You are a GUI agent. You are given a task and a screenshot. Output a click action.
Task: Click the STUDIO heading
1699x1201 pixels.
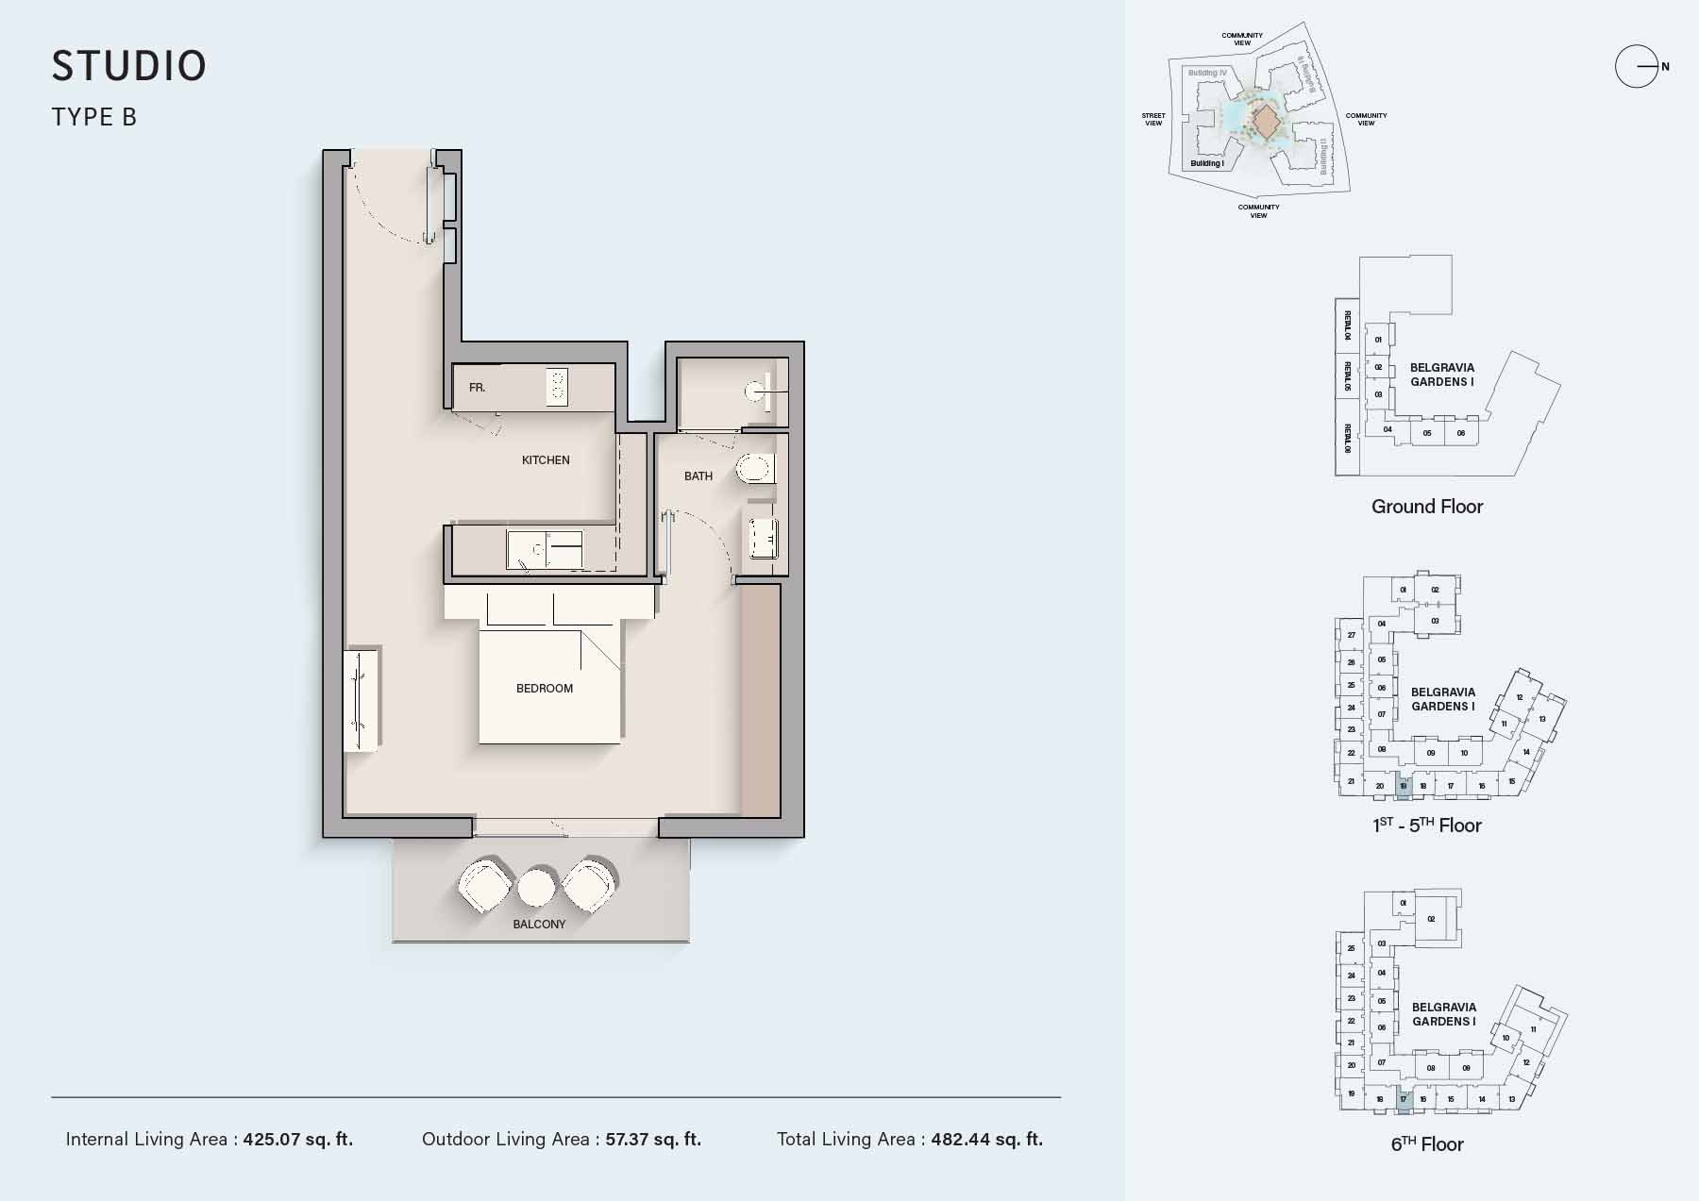pyautogui.click(x=129, y=66)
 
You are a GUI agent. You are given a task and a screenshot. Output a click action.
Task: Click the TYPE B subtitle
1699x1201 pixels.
pyautogui.click(x=94, y=117)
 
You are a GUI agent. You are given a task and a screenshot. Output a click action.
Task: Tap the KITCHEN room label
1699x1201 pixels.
pyautogui.click(x=546, y=460)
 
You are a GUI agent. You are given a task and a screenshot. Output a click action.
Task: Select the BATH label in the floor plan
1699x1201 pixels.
pyautogui.click(x=698, y=476)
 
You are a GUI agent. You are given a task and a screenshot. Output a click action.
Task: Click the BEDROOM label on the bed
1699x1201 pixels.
pyautogui.click(x=545, y=689)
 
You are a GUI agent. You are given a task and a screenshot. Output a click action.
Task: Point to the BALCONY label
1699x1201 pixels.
pyautogui.click(x=539, y=925)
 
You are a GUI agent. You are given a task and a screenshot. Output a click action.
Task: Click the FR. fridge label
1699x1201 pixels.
pyautogui.click(x=478, y=388)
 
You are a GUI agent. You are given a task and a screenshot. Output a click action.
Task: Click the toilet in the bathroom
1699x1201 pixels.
pyautogui.click(x=757, y=469)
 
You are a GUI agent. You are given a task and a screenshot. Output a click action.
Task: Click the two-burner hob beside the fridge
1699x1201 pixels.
pyautogui.click(x=557, y=388)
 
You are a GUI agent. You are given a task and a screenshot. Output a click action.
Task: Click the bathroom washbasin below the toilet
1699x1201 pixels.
pyautogui.click(x=763, y=539)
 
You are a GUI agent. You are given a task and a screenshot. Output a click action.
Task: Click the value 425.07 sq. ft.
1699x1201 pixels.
pyautogui.click(x=298, y=1140)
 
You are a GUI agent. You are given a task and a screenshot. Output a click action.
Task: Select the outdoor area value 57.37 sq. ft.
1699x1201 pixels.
pyautogui.click(x=653, y=1140)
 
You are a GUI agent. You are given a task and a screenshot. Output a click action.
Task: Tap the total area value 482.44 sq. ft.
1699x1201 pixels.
pyautogui.click(x=986, y=1140)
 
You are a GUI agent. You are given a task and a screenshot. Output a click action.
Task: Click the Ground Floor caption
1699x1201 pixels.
pyautogui.click(x=1426, y=507)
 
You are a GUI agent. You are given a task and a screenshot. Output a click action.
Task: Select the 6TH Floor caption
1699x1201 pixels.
pyautogui.click(x=1426, y=1144)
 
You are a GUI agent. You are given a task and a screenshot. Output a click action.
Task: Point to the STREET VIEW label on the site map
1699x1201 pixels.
pyautogui.click(x=1153, y=119)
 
